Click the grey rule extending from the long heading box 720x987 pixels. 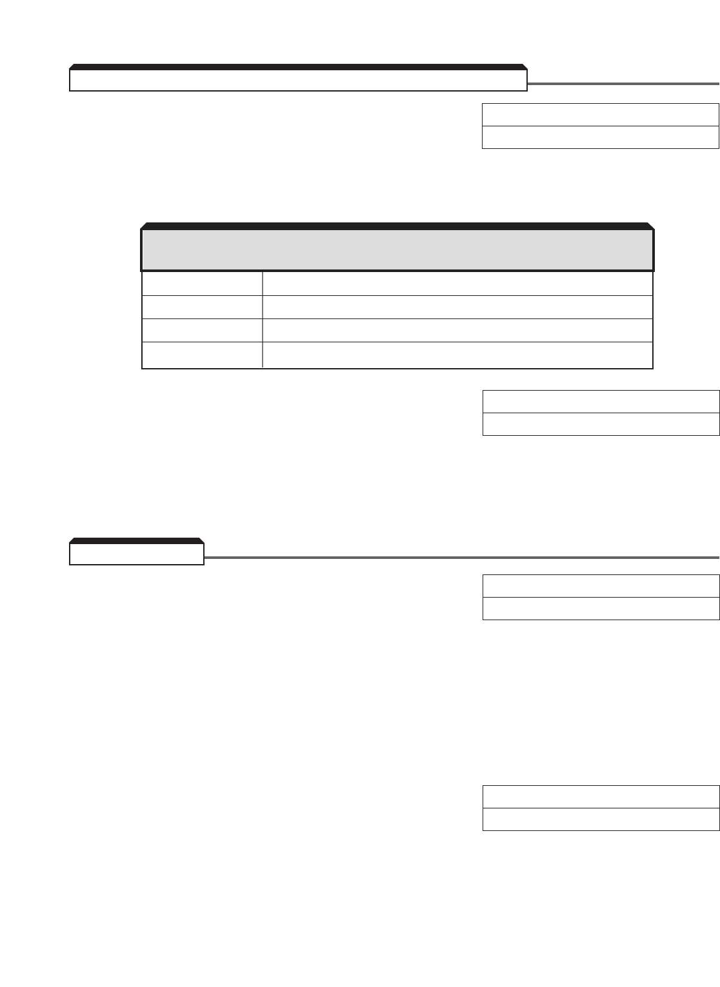[x=623, y=84]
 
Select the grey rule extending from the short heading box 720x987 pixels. [x=461, y=558]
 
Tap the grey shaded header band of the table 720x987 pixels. [x=397, y=250]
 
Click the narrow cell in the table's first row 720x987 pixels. [x=202, y=284]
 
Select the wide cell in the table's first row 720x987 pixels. [x=457, y=284]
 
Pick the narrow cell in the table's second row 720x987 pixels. [x=202, y=307]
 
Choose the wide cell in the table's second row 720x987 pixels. [x=457, y=307]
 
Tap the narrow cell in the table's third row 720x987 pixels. [x=202, y=330]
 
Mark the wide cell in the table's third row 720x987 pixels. [x=457, y=330]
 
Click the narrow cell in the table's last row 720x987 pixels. [x=202, y=355]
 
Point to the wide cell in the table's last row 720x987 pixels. [x=457, y=355]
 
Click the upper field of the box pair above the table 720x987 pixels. [x=600, y=115]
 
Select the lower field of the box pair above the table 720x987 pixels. [x=600, y=137]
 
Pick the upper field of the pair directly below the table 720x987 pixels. [x=601, y=402]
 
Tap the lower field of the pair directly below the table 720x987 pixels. [x=601, y=424]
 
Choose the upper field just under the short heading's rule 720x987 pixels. [x=601, y=586]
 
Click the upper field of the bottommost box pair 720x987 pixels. [x=601, y=797]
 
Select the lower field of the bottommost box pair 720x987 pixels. [x=601, y=819]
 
